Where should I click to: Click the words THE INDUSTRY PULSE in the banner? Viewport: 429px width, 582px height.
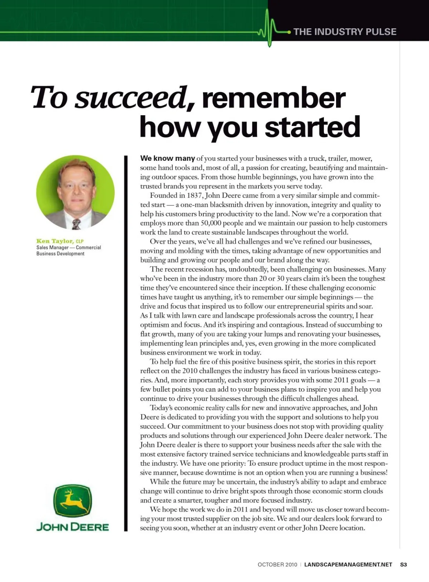(x=345, y=32)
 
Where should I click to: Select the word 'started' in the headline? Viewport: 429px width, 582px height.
(x=312, y=127)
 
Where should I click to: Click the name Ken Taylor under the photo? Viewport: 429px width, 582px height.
(x=55, y=241)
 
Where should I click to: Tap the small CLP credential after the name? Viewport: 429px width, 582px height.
(x=80, y=242)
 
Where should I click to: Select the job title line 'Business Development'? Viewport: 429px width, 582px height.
(x=60, y=254)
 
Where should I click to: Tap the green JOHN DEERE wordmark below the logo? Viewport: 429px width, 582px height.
(x=73, y=527)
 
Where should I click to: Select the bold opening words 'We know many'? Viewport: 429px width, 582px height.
(x=167, y=158)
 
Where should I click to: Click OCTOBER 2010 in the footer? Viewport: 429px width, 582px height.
(x=277, y=565)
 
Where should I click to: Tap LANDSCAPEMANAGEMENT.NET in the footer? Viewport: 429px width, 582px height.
(x=348, y=565)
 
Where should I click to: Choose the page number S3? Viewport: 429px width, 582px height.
(x=403, y=565)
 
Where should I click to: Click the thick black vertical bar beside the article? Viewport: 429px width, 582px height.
(x=126, y=344)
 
